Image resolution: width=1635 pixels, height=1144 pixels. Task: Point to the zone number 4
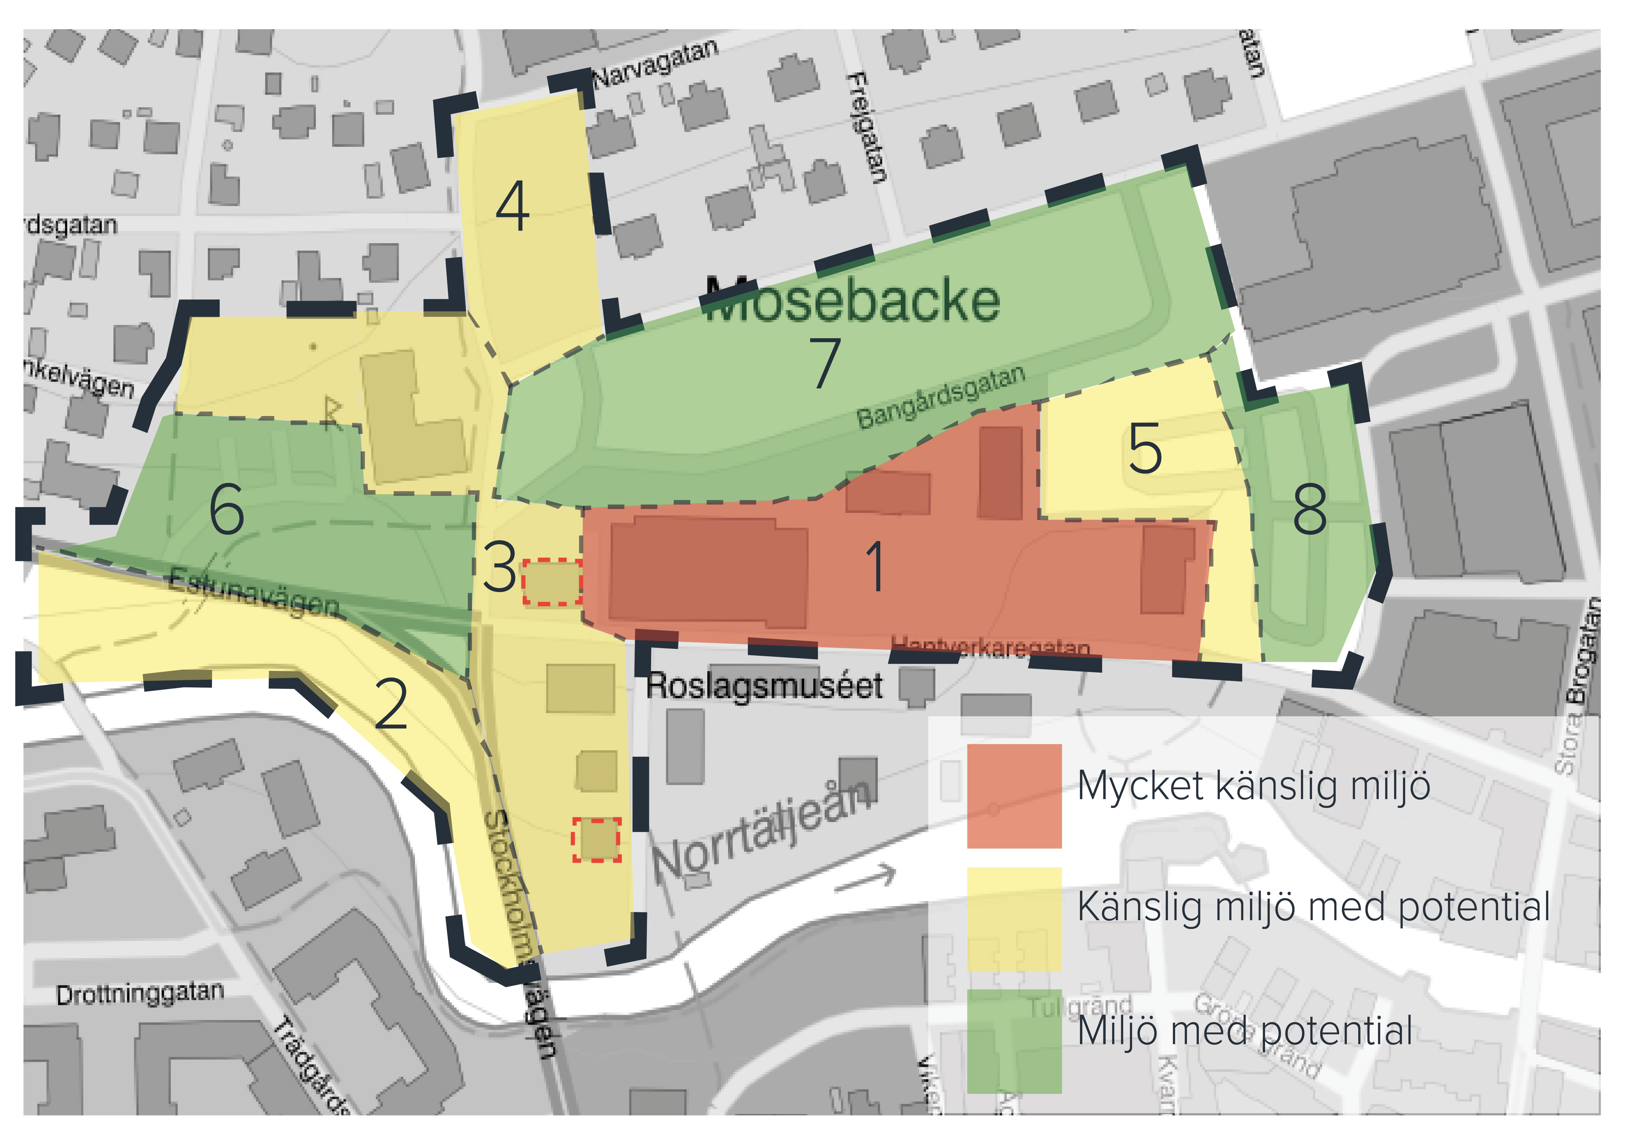[x=513, y=206]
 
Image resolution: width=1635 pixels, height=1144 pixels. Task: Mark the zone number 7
[x=825, y=363]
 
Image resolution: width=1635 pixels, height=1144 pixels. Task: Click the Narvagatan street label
[x=655, y=63]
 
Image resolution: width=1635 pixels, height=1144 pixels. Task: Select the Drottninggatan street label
[x=140, y=993]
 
